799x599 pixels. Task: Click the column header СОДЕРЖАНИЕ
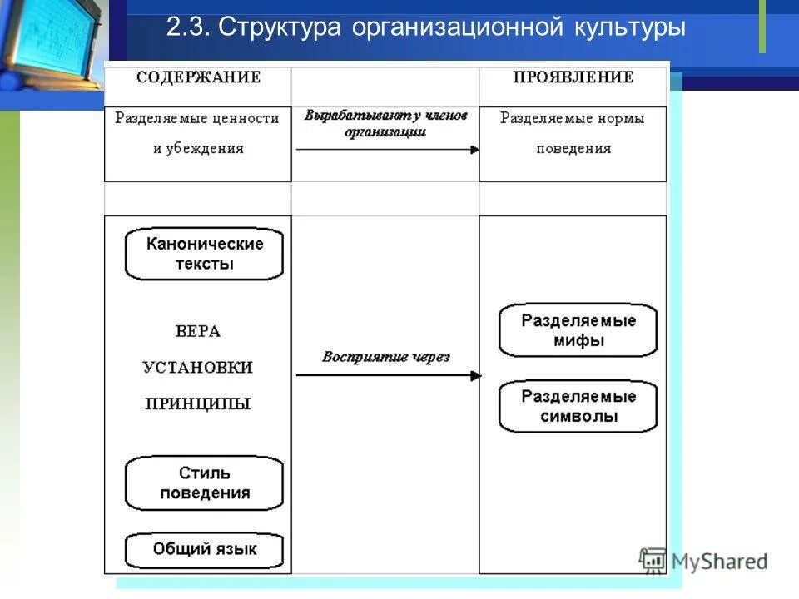coord(198,77)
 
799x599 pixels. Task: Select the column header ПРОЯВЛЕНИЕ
coord(573,77)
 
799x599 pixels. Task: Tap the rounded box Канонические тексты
coord(204,254)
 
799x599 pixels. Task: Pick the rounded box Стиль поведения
coord(204,483)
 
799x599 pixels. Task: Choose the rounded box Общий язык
coord(204,549)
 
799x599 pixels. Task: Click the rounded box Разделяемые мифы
coord(578,330)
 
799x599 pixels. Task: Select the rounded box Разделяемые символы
coord(578,406)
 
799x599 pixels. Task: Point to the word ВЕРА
coord(198,331)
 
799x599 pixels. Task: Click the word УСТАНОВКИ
coord(198,367)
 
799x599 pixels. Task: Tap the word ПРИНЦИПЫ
coord(198,404)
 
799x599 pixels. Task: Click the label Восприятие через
coord(386,357)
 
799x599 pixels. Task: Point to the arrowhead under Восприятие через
coord(476,375)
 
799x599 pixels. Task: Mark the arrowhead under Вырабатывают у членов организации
coord(474,150)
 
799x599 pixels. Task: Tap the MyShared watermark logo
coord(703,562)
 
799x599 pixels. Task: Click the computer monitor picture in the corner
coord(50,42)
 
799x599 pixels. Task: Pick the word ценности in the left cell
coord(245,119)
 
